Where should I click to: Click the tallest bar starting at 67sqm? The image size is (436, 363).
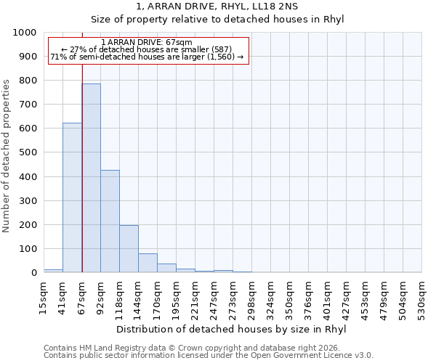(91, 178)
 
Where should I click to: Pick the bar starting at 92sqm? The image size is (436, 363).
(110, 221)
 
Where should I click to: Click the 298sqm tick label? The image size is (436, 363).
(251, 297)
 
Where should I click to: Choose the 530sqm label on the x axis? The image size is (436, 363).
(421, 297)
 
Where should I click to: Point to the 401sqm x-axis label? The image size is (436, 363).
(327, 297)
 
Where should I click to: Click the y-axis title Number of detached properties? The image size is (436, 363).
(7, 152)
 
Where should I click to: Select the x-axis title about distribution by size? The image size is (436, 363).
(231, 329)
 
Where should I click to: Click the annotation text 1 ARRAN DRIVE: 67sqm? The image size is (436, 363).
(148, 43)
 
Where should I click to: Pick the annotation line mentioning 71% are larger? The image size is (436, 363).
(148, 57)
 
